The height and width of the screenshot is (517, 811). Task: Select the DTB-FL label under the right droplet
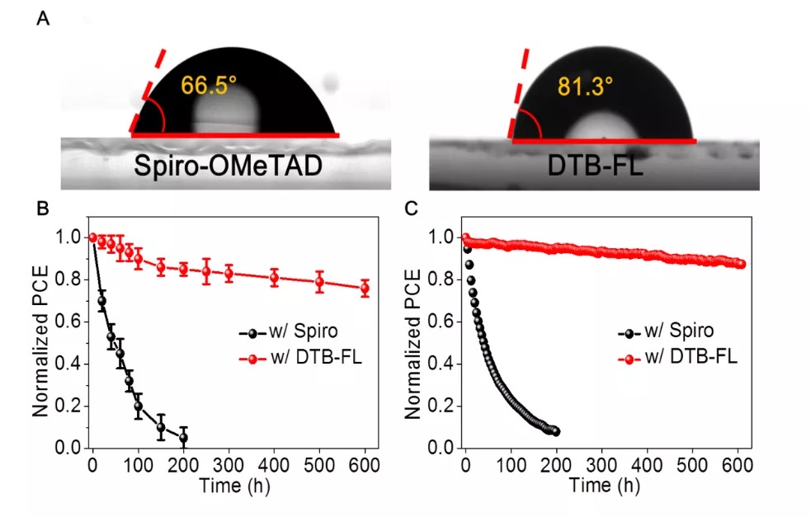tap(594, 168)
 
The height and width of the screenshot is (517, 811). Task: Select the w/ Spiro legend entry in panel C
tap(665, 333)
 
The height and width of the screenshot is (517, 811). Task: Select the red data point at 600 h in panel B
tap(364, 288)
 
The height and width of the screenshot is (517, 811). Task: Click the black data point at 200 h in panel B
tap(183, 437)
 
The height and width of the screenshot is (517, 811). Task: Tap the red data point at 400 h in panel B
tap(274, 277)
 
